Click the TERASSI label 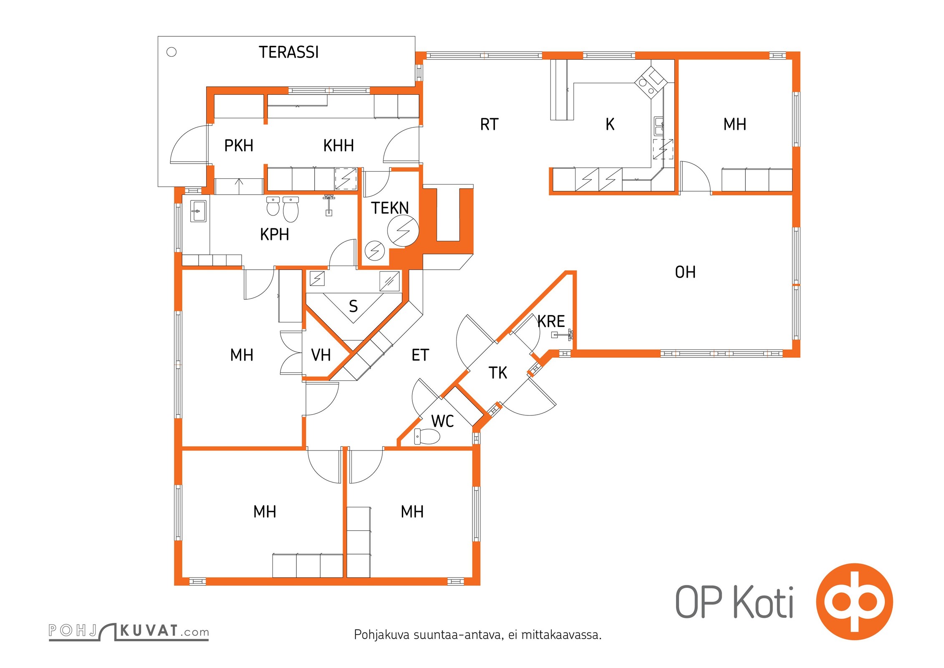coord(288,52)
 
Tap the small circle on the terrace coord(172,52)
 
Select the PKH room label coord(239,145)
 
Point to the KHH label coord(338,145)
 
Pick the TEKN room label coord(390,208)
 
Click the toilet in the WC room coord(427,437)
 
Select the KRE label coord(551,321)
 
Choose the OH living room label coord(685,272)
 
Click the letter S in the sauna coord(353,306)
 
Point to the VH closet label coord(321,355)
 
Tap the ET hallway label coord(420,355)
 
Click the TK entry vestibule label coord(497,373)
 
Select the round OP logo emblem coord(854,602)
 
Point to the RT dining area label coord(489,124)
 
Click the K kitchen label coord(610,124)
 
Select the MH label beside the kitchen coord(735,124)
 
